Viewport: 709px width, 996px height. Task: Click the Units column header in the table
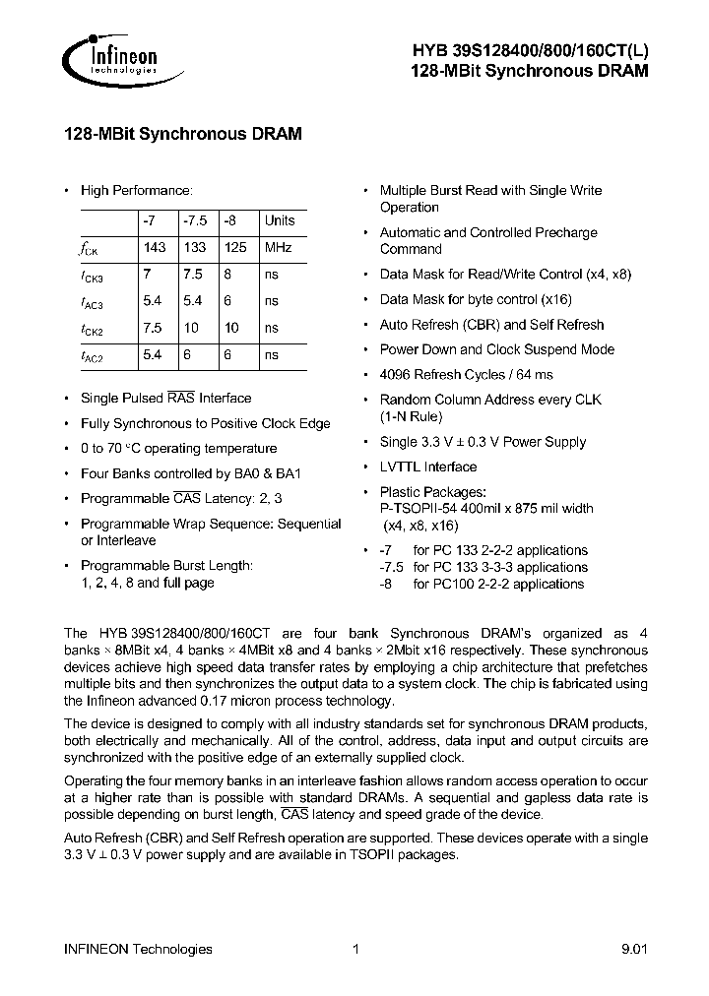pos(279,221)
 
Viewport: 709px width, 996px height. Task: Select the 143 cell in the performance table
pos(154,248)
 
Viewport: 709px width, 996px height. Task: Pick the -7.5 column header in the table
pos(195,221)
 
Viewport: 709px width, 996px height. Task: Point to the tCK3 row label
pos(91,276)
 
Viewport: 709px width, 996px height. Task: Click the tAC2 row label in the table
pos(91,355)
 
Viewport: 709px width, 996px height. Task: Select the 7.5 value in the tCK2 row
pos(154,328)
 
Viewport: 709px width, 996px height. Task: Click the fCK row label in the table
pos(90,250)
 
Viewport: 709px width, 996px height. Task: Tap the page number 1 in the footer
pos(355,949)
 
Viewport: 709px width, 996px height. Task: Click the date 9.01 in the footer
pos(634,949)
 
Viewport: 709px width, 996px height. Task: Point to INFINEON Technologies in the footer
pos(138,949)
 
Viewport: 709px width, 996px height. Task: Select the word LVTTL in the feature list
pos(400,467)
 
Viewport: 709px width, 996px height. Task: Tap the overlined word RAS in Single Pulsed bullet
pos(181,399)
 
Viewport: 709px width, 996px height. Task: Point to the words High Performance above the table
pos(137,191)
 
